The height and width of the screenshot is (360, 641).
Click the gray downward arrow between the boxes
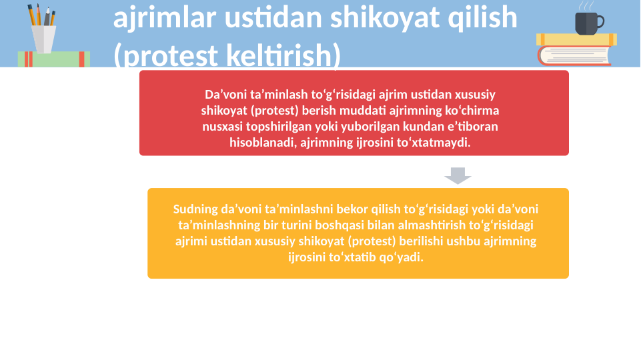point(458,175)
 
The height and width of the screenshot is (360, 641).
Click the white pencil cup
point(43,39)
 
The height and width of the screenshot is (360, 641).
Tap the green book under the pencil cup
point(53,59)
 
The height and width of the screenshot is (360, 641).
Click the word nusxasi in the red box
point(223,126)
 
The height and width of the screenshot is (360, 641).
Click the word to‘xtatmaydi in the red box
point(438,142)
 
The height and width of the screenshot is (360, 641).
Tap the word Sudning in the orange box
point(192,209)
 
